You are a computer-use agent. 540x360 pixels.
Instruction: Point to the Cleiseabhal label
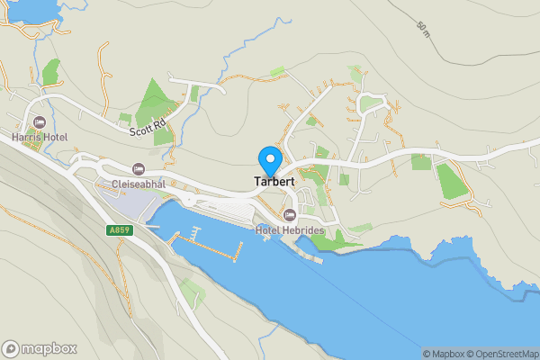(x=138, y=184)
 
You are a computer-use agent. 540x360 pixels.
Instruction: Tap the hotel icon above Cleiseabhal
(x=138, y=168)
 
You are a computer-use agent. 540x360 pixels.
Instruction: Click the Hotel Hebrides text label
(x=290, y=230)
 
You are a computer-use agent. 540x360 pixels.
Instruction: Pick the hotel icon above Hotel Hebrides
(x=290, y=214)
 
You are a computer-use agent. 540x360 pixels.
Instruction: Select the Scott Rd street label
(x=148, y=129)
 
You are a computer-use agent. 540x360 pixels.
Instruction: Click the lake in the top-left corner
(x=22, y=9)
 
